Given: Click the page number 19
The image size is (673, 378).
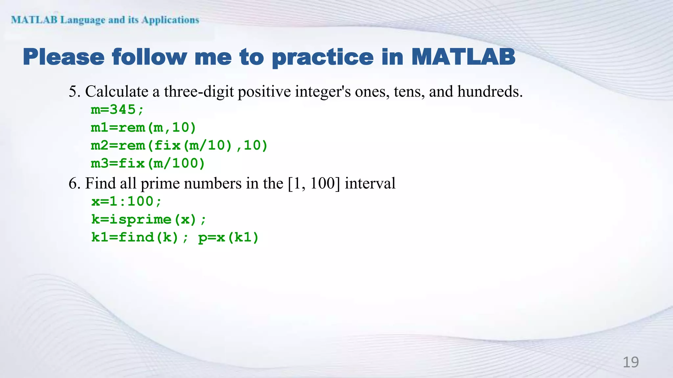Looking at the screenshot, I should point(631,362).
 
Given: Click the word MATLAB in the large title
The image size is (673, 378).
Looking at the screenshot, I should point(463,57).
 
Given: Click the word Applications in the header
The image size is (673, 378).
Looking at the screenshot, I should point(170,20).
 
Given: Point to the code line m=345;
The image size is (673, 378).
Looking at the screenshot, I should point(117,110).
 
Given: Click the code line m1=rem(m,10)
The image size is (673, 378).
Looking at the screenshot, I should point(143,127).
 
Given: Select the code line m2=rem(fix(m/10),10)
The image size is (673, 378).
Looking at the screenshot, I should point(179,145).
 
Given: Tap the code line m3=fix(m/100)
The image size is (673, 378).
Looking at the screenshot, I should point(148,163).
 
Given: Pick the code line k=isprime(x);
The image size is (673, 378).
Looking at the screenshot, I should point(149,219).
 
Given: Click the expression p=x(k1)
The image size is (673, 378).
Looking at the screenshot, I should point(228,237).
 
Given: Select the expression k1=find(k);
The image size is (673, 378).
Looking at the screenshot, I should point(140,237).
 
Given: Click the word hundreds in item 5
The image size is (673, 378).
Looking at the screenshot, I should point(490,91).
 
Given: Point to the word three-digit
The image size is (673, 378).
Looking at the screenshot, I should point(199,92).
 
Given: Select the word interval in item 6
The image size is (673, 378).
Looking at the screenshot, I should point(370,183).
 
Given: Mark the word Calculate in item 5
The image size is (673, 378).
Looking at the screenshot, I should point(117,91).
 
